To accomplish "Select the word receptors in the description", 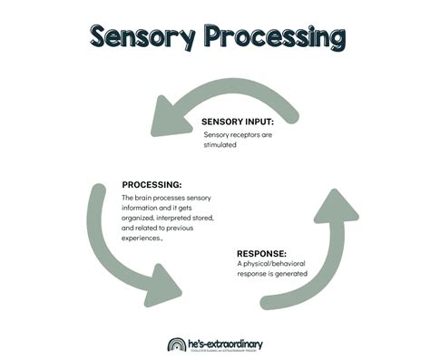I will [x=253, y=133].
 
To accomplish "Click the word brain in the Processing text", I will [x=147, y=198].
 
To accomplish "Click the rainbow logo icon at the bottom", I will [x=177, y=344].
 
